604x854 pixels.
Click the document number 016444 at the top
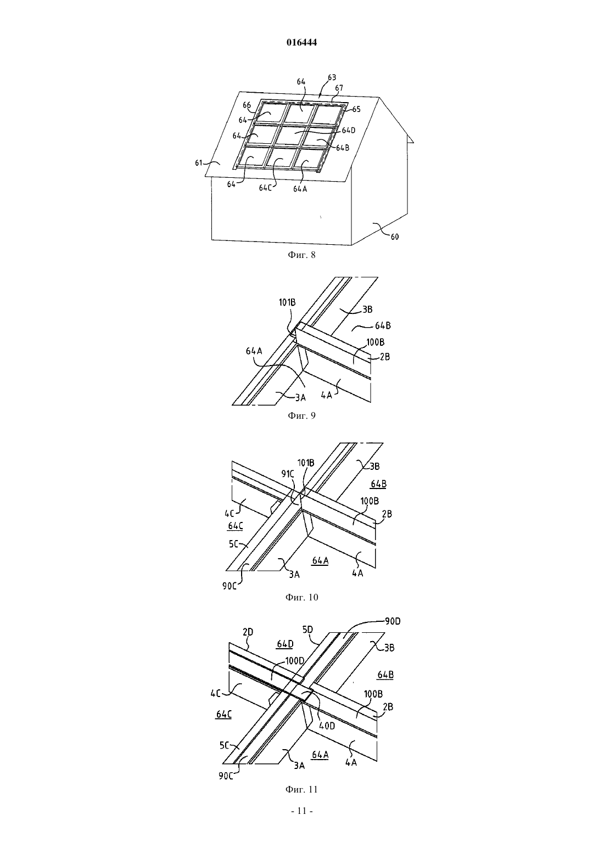[x=301, y=42]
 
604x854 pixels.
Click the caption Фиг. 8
[x=301, y=255]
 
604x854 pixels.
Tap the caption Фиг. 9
[x=301, y=415]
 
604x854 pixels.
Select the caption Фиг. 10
[x=301, y=598]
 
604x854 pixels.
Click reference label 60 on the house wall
[x=395, y=237]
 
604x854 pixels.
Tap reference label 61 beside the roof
[x=199, y=163]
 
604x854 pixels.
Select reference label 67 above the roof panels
[x=339, y=88]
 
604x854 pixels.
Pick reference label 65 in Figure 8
[x=356, y=109]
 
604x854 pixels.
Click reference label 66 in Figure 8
[x=247, y=105]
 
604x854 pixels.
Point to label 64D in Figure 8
[x=349, y=131]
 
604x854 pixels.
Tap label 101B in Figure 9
[x=287, y=303]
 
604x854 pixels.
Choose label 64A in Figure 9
[x=254, y=351]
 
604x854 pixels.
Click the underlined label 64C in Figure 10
[x=235, y=526]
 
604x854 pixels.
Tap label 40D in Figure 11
[x=327, y=726]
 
